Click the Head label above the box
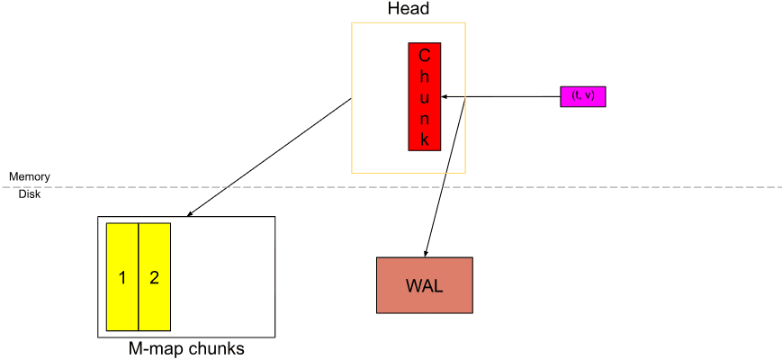[x=408, y=9]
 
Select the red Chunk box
[x=424, y=96]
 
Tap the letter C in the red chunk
[x=424, y=54]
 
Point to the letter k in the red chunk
[x=424, y=139]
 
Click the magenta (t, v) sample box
[x=583, y=96]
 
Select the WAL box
[x=425, y=285]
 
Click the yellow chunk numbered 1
[x=122, y=276]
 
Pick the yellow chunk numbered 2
[x=154, y=276]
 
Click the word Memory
[x=30, y=176]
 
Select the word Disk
[x=30, y=193]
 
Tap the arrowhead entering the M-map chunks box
[x=189, y=214]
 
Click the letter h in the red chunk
[x=424, y=76]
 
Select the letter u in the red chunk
[x=424, y=96]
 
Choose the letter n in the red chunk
[x=424, y=118]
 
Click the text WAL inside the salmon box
[x=425, y=285]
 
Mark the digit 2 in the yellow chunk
[x=154, y=277]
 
